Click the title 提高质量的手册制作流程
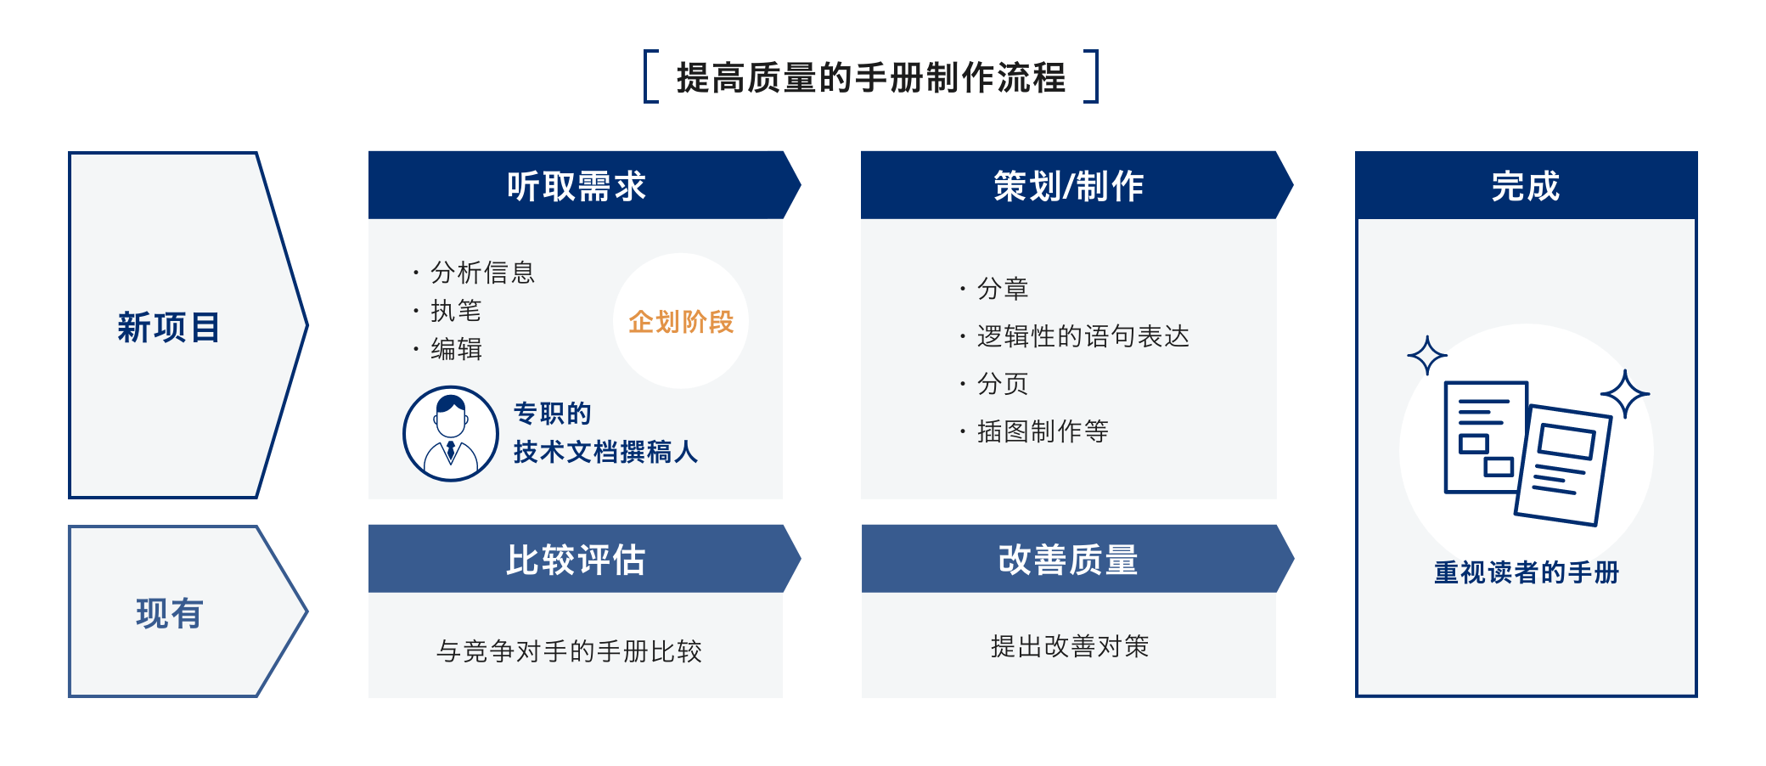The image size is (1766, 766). pyautogui.click(x=870, y=77)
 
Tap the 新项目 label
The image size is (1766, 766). pyautogui.click(x=169, y=327)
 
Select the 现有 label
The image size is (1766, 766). pyautogui.click(x=169, y=613)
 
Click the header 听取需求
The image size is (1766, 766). pyautogui.click(x=576, y=186)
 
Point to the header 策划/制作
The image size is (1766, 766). pyautogui.click(x=1068, y=186)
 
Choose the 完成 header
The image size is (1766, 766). pyautogui.click(x=1526, y=186)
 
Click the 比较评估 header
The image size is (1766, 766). pyautogui.click(x=576, y=560)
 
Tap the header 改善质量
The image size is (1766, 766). pyautogui.click(x=1068, y=560)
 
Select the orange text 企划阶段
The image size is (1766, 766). pyautogui.click(x=681, y=322)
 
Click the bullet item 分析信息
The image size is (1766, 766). pyautogui.click(x=482, y=273)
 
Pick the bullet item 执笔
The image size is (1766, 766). pyautogui.click(x=456, y=311)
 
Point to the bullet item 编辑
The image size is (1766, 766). pyautogui.click(x=456, y=349)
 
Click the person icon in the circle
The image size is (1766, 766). pyautogui.click(x=451, y=434)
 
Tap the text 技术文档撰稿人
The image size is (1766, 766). pyautogui.click(x=605, y=452)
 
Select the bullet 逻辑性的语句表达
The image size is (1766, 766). pyautogui.click(x=1083, y=336)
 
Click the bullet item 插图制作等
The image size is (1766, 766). pyautogui.click(x=1043, y=431)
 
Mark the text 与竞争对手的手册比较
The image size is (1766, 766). pyautogui.click(x=569, y=651)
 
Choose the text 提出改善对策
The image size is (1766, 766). pyautogui.click(x=1069, y=646)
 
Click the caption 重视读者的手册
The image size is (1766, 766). pyautogui.click(x=1526, y=572)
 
